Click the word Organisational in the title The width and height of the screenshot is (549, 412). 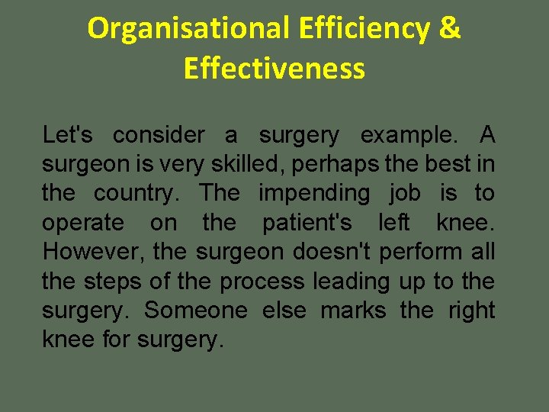coord(188,29)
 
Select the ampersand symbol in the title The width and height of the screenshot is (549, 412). coord(451,29)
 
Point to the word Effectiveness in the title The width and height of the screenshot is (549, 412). coord(274,69)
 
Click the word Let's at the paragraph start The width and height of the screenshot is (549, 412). coord(68,136)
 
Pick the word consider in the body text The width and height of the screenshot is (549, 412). coord(159,136)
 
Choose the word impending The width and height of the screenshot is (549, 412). coord(313,194)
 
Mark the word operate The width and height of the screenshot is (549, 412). coord(82,224)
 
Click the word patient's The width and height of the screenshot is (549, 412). coord(307,224)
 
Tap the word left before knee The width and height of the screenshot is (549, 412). coord(393,224)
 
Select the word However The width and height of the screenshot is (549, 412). coord(94,253)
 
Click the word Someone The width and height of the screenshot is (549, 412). coord(196,311)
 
